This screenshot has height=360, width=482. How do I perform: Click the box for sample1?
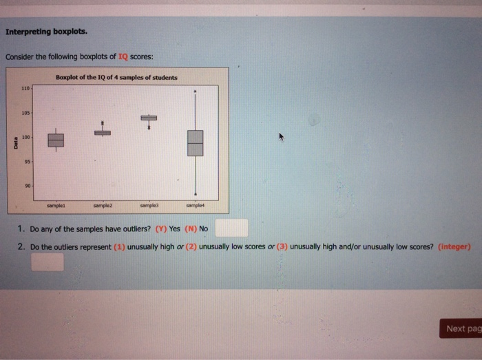tap(56, 140)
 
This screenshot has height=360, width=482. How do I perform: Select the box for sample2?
tap(102, 133)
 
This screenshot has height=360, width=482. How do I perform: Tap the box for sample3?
tap(149, 117)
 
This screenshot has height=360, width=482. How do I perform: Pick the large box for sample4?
tap(196, 142)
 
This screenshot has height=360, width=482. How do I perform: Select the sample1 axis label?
tap(56, 205)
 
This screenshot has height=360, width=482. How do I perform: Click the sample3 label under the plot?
tap(149, 205)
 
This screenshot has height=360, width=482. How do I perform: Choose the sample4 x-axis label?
tap(196, 205)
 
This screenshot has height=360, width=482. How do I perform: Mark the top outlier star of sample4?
tap(196, 91)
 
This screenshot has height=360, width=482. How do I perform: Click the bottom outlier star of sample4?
tap(196, 195)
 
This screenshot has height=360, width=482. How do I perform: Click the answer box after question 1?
tap(235, 228)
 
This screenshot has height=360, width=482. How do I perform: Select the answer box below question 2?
tap(46, 262)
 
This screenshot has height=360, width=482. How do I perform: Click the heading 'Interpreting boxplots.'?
tap(46, 32)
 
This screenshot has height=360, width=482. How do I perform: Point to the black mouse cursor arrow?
tap(281, 137)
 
